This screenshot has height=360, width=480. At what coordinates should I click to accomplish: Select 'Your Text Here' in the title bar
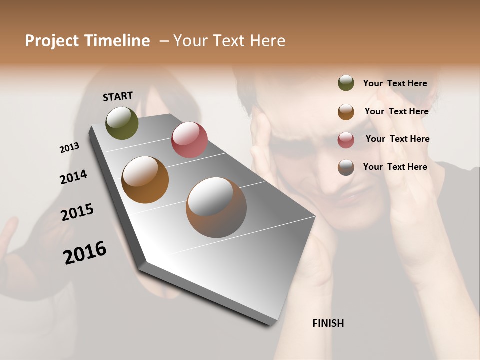coord(229,41)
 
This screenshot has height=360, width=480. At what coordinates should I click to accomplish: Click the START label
coord(118,96)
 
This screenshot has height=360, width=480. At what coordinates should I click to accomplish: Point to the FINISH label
coord(328,323)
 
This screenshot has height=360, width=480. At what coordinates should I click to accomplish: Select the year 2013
coord(69,148)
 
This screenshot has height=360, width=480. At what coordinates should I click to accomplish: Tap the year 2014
coord(73,177)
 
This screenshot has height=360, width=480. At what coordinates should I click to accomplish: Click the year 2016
coord(85,252)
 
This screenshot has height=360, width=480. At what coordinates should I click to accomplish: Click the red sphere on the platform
coord(189,140)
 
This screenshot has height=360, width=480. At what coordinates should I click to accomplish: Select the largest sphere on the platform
coord(216,207)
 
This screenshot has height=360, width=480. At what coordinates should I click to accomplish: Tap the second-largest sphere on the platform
coord(145,180)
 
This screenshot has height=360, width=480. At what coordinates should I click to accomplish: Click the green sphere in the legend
coord(346,83)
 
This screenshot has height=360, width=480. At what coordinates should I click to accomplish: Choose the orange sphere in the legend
coord(346,112)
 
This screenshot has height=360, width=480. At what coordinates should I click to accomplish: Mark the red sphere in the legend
coord(346,140)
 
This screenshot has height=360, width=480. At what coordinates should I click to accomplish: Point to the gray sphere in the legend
coord(346,167)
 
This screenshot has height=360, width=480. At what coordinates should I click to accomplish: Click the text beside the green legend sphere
coord(395,83)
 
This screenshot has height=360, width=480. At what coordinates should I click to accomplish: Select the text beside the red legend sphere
coord(397,139)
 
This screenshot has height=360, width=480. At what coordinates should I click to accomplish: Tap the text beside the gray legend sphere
coord(395,167)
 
